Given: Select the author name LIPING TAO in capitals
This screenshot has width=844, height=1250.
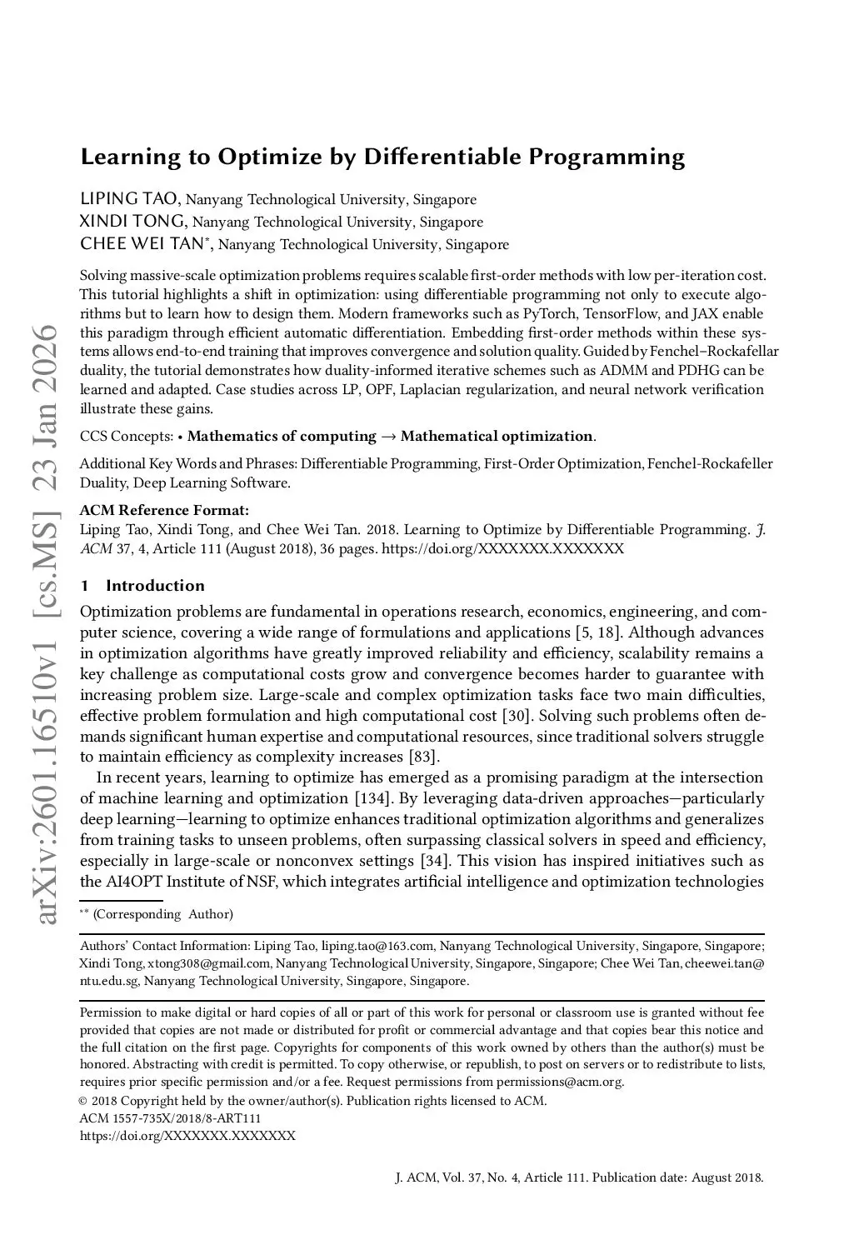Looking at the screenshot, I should [x=128, y=199].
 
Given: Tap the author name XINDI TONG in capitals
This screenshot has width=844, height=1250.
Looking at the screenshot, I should [x=132, y=222].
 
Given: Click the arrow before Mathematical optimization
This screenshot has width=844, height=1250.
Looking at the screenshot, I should [x=388, y=436].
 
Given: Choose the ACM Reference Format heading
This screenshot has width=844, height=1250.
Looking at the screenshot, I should [x=164, y=510].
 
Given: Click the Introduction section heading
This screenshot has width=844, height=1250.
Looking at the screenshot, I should [x=155, y=585].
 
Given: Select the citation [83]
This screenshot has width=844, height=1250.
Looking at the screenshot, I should [x=422, y=757].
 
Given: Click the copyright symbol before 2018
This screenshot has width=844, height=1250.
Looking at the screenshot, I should [x=84, y=1101].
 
